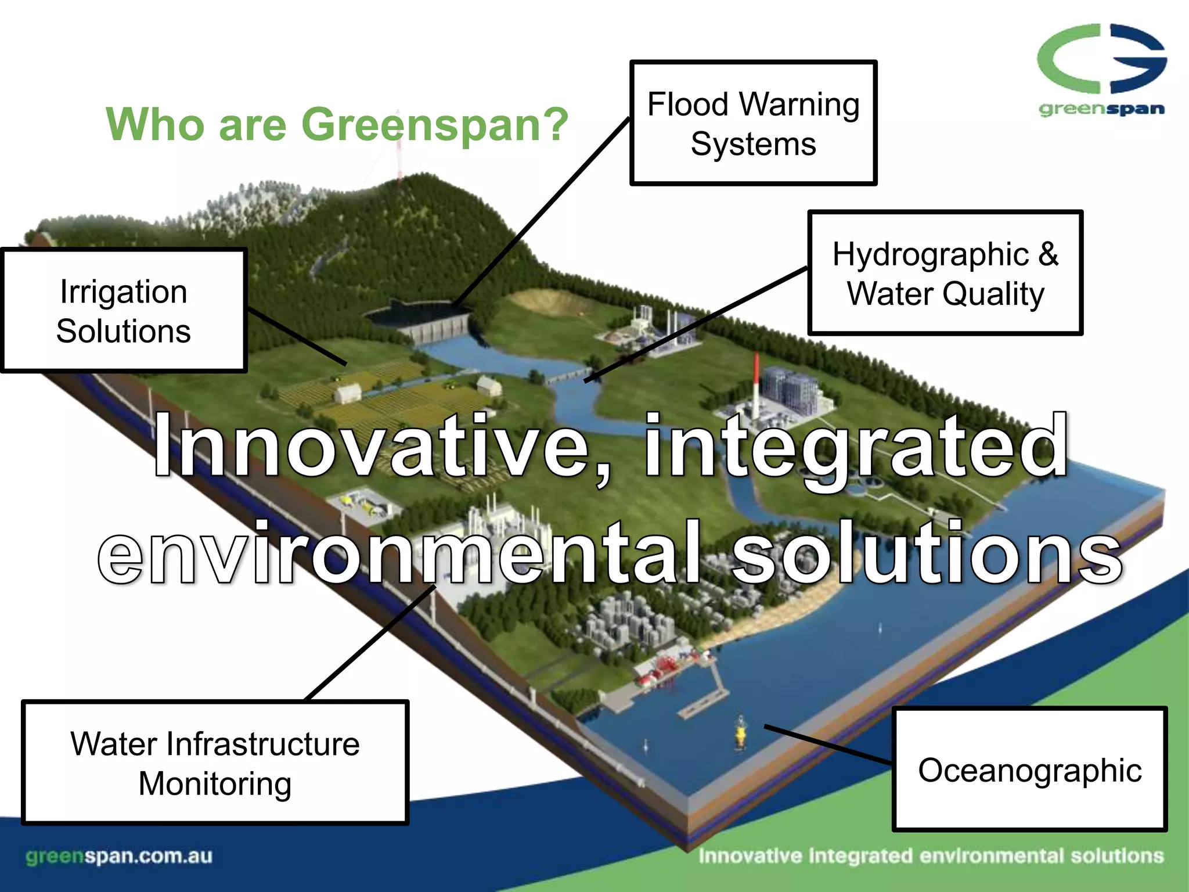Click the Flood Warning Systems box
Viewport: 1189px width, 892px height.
point(753,123)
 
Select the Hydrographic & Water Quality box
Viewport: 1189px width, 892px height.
point(945,273)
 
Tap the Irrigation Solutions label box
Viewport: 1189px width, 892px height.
point(124,311)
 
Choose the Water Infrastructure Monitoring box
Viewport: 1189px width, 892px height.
point(215,763)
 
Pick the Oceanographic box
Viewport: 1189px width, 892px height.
point(1029,769)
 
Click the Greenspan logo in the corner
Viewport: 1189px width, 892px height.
point(1101,70)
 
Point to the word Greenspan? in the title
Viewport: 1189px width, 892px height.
point(435,124)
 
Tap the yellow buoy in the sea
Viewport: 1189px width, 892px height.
point(741,734)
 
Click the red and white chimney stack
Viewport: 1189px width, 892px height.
point(756,383)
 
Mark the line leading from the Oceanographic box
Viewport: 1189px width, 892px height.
point(827,744)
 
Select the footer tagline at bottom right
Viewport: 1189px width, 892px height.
point(931,856)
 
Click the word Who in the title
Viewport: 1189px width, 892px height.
point(154,124)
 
